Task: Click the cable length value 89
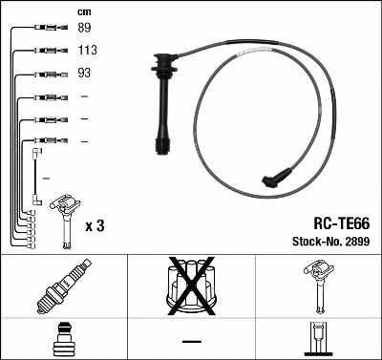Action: tap(84, 30)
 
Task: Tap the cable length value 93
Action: tap(84, 74)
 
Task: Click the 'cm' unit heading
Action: tap(83, 11)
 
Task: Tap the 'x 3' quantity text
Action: tap(95, 226)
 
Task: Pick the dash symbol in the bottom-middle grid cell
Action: tap(191, 340)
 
